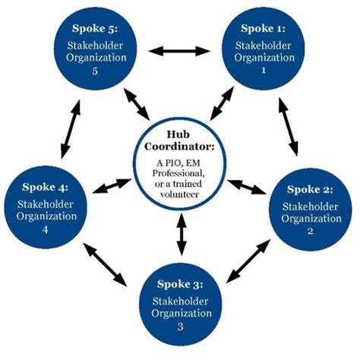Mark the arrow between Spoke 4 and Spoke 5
point(68,123)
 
